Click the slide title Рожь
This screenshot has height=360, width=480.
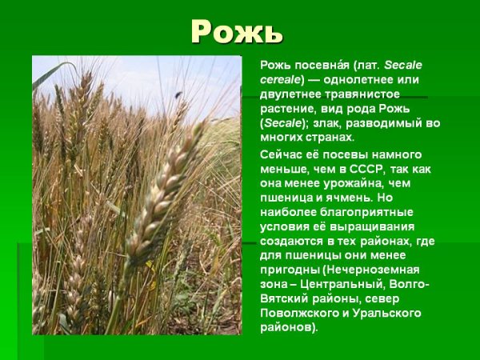click(x=237, y=32)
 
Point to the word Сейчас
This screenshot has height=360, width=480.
click(x=283, y=154)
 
